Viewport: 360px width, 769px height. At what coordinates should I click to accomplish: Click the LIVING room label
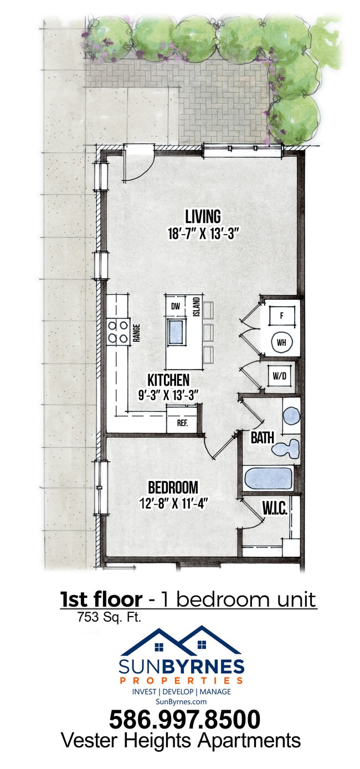point(203,216)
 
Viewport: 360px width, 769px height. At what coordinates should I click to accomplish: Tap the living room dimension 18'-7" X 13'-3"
point(203,234)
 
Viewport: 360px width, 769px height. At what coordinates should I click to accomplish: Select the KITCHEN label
point(168,380)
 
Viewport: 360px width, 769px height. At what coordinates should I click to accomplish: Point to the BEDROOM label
point(173,487)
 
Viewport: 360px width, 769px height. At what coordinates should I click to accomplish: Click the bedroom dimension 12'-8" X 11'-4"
point(173,504)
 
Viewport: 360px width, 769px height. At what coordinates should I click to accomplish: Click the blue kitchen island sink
point(177,333)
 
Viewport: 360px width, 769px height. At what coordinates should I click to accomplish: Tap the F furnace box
point(281,316)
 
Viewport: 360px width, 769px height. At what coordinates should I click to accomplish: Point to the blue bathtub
point(268,478)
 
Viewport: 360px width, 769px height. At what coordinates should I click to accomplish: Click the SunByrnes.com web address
point(181,701)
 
